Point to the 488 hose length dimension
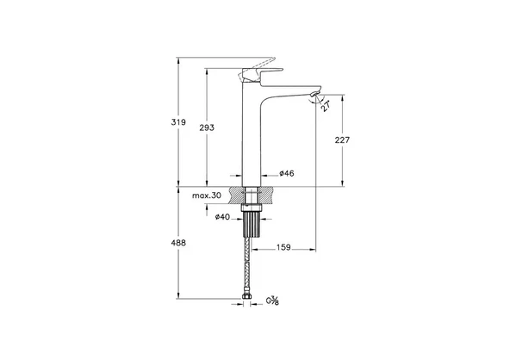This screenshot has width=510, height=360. click(178, 244)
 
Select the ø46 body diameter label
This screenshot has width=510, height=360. click(287, 174)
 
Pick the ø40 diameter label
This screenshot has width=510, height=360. click(222, 217)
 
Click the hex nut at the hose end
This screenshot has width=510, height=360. click(248, 301)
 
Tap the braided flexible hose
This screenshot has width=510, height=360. click(248, 267)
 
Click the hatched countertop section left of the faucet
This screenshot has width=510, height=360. click(233, 196)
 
